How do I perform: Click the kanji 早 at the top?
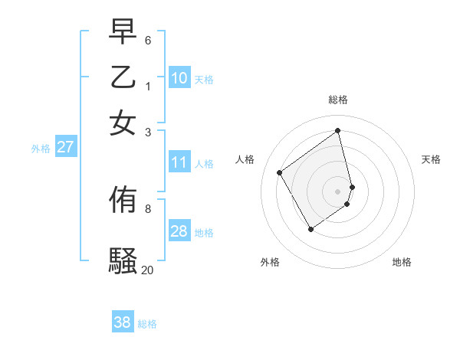[x=123, y=33]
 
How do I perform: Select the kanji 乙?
[x=123, y=77]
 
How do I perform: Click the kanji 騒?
[x=123, y=260]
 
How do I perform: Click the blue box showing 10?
[x=179, y=78]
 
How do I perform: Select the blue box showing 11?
[x=179, y=162]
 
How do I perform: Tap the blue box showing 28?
[x=179, y=231]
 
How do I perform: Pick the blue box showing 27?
[x=66, y=147]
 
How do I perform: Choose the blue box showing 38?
[x=123, y=322]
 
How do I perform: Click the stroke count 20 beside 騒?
[x=147, y=270]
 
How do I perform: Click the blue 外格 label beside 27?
[x=41, y=149]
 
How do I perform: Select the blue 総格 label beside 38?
[x=147, y=324]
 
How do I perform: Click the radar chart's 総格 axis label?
[x=338, y=100]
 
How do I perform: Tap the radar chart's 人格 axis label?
[x=245, y=159]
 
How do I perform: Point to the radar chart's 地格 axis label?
[x=402, y=263]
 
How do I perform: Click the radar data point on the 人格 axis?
[x=280, y=172]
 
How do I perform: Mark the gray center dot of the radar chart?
[x=338, y=191]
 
